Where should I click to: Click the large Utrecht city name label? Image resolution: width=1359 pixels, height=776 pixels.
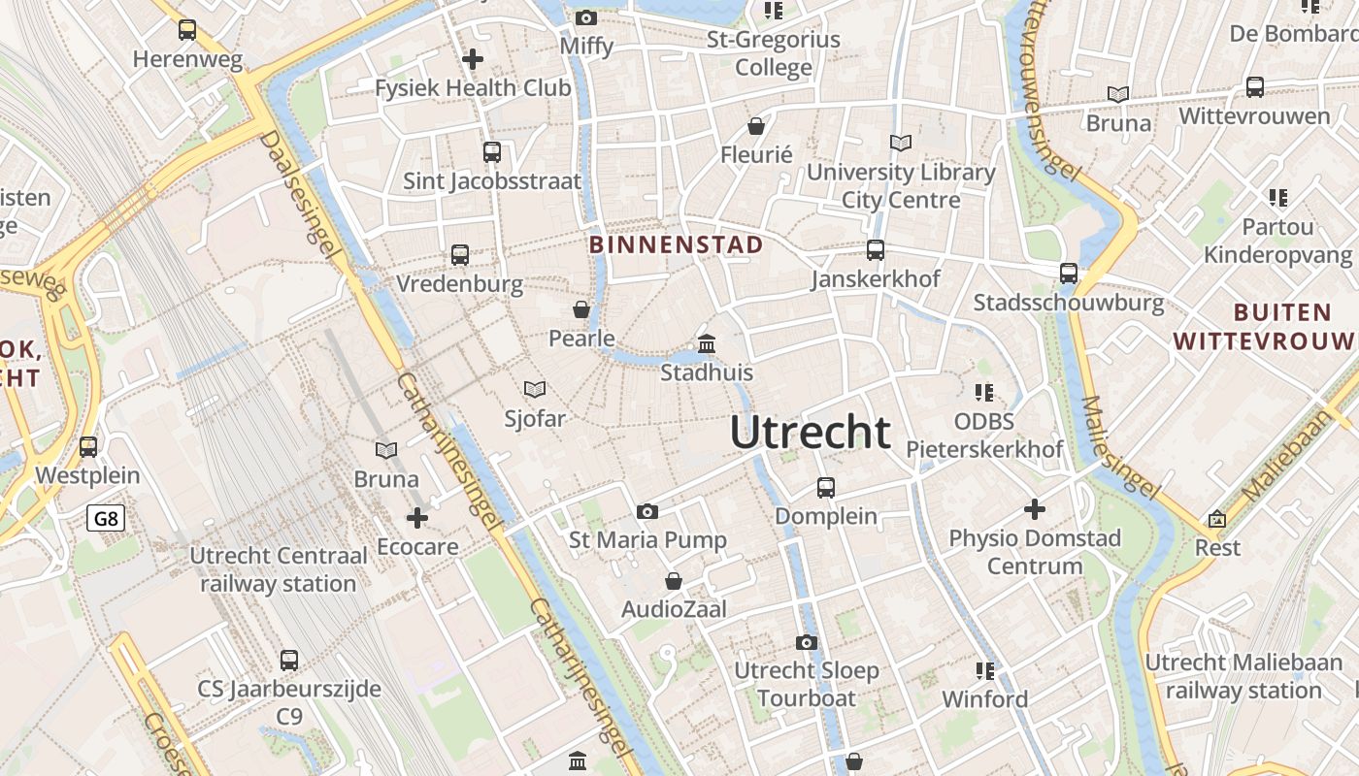point(810,433)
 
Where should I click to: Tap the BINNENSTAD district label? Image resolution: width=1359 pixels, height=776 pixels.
point(677,245)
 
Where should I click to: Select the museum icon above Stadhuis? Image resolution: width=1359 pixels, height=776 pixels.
point(707,344)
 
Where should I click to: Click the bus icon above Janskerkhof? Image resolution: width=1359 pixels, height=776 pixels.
point(876,250)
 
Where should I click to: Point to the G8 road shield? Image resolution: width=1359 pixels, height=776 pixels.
point(106,519)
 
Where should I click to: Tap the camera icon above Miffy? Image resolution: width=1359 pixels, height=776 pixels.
point(585,17)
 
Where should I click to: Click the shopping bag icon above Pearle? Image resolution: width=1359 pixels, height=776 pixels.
point(581,309)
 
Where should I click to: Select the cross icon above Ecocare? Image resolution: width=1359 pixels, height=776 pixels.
point(417,518)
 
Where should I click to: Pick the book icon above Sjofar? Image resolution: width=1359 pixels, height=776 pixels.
point(534,390)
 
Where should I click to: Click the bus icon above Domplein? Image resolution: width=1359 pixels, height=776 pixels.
point(826,487)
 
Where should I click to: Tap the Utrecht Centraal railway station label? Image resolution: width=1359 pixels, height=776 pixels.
point(279,570)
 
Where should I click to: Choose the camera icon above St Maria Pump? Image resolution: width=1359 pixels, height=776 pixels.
point(647,511)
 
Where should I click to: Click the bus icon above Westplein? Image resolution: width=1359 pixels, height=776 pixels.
point(88,447)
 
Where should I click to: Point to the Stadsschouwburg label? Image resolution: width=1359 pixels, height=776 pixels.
point(1069,303)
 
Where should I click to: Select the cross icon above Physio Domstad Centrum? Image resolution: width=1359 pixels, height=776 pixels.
point(1035,508)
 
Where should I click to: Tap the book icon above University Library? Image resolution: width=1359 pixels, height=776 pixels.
point(901,144)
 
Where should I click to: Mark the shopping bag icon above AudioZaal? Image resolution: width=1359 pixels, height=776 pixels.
point(674,581)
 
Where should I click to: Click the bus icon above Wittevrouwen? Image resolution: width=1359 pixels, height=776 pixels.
point(1255,87)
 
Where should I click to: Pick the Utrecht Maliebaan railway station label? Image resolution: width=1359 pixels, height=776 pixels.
point(1243,676)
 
